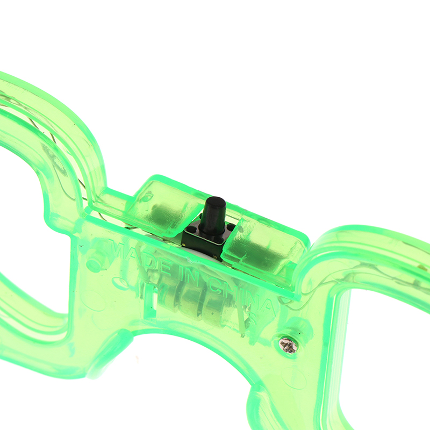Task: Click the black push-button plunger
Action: click(212, 213)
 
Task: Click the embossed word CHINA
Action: click(242, 297)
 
